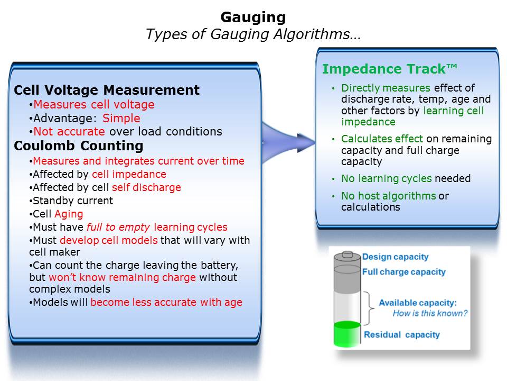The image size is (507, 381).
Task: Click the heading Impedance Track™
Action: [390, 69]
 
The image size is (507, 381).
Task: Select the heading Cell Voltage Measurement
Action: [107, 90]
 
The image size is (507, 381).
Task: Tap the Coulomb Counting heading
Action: [79, 146]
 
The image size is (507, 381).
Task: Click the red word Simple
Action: [121, 118]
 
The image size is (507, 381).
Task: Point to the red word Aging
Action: [69, 214]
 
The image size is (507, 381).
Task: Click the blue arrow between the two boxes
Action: [288, 142]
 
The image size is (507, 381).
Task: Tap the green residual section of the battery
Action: [347, 334]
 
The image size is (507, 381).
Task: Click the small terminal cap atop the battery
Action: [348, 254]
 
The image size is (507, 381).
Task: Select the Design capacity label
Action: [395, 257]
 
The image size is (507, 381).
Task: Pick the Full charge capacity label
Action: [404, 272]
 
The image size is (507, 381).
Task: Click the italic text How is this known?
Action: [430, 313]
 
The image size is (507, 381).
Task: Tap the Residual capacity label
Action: [402, 334]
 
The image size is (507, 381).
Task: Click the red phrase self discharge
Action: [146, 187]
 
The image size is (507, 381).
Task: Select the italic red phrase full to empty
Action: [118, 228]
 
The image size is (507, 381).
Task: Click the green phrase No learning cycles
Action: [387, 178]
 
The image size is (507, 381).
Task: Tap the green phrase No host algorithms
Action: [389, 196]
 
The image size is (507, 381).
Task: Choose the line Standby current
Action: [71, 201]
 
